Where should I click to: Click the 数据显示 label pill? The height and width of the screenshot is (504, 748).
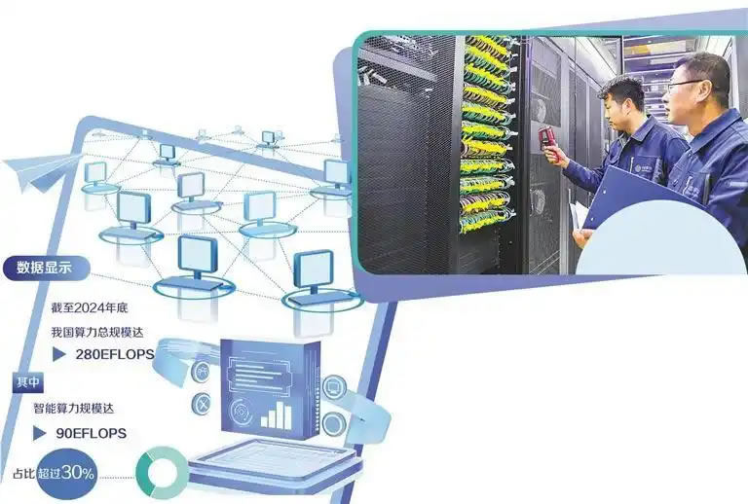[x=46, y=269]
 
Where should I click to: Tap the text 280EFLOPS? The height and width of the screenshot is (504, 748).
[x=115, y=354]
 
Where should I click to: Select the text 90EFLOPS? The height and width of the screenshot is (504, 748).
[x=92, y=434]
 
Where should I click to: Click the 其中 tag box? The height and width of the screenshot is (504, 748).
[x=27, y=382]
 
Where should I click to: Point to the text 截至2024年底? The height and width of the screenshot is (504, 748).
[x=90, y=307]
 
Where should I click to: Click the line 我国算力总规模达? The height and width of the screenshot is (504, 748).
[x=97, y=332]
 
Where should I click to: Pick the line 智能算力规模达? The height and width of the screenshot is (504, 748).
[x=73, y=409]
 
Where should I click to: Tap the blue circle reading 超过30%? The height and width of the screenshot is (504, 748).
[x=67, y=474]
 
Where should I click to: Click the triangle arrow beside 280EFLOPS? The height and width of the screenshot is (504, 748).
[x=58, y=354]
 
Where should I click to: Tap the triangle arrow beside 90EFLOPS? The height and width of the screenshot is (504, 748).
[x=39, y=434]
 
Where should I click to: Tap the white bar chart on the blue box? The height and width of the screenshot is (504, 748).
[x=277, y=414]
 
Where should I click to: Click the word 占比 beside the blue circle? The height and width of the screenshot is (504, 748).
[x=23, y=474]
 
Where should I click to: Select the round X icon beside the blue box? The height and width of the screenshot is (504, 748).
[x=202, y=405]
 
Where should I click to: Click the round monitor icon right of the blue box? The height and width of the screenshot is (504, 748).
[x=334, y=387]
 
